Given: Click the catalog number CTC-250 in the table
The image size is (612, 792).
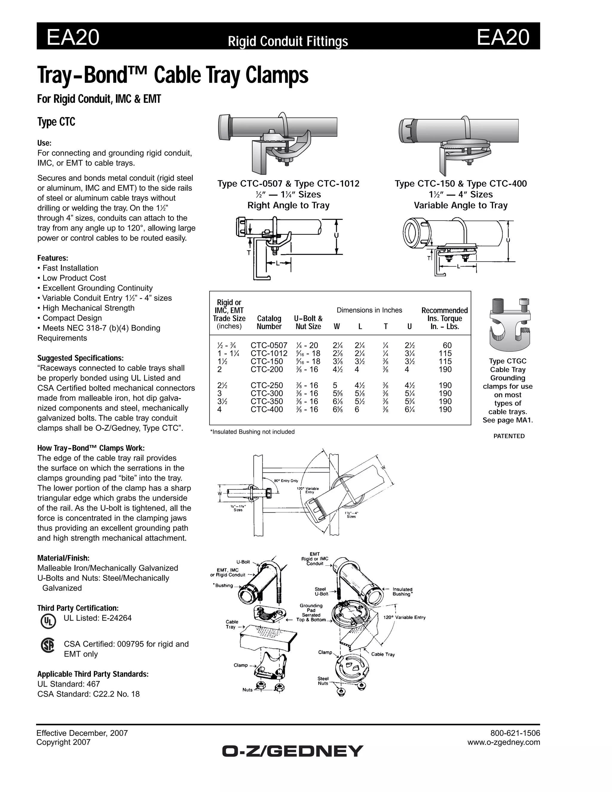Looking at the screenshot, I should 267,386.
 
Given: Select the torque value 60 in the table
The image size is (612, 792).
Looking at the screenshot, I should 447,345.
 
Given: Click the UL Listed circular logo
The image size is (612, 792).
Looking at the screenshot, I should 48,621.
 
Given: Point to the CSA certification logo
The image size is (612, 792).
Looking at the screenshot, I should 48,646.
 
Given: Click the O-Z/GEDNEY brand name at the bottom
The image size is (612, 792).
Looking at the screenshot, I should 293,751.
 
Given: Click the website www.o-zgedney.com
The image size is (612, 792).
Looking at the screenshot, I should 504,742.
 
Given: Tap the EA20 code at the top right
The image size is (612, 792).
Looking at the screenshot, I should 503,37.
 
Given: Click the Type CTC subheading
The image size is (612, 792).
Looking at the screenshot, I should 56,122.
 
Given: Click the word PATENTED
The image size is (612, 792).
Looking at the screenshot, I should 509,436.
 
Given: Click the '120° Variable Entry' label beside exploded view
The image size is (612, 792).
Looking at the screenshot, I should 404,617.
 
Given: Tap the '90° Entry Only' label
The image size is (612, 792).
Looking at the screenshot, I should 286,481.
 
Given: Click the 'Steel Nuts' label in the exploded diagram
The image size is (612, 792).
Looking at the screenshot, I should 323,681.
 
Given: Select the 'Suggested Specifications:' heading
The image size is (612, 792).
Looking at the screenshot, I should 80,358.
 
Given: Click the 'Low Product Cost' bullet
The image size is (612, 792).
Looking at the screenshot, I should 74,278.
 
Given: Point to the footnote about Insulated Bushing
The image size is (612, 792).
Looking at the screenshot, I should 252,432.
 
